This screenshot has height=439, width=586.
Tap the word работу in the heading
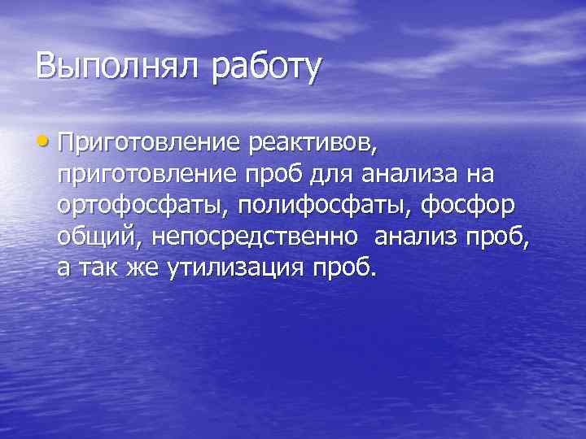[267, 67]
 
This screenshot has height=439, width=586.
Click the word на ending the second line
[493, 176]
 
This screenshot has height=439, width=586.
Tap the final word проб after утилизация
[345, 267]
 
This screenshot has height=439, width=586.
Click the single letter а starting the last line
[64, 267]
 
